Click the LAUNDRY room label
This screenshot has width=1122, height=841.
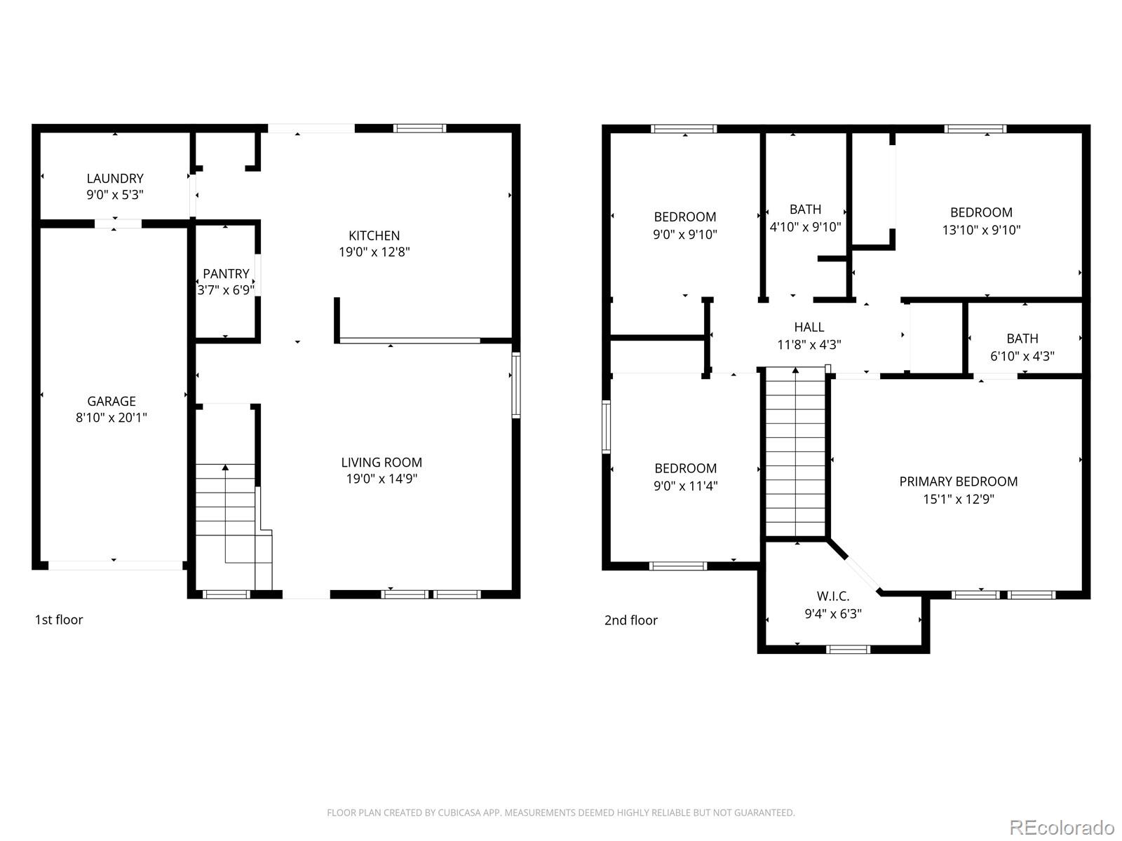115,179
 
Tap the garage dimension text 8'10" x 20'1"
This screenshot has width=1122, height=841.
111,418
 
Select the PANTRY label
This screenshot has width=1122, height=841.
226,274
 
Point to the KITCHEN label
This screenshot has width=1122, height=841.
374,235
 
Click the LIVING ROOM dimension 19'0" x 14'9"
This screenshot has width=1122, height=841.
381,479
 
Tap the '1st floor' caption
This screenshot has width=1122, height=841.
59,620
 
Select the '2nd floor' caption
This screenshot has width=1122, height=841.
630,620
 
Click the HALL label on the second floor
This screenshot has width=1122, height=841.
809,327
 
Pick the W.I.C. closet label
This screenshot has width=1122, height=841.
833,596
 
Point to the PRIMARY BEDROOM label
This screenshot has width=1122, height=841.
958,481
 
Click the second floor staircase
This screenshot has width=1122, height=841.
796,456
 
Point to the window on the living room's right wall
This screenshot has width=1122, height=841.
515,385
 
